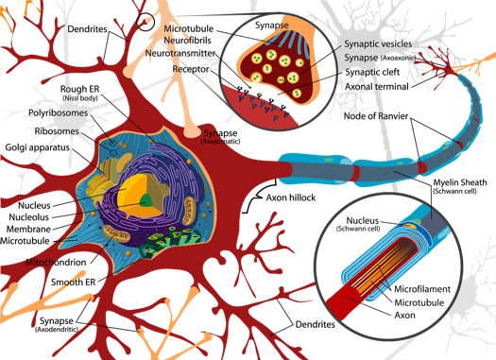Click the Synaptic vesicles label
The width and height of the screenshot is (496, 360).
pos(373,42)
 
